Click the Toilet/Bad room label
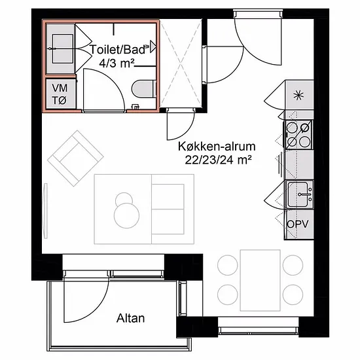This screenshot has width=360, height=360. click(x=118, y=49)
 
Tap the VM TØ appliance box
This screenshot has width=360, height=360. click(x=60, y=94)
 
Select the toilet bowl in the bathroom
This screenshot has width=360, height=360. click(x=145, y=89)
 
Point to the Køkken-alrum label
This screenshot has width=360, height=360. click(x=217, y=146)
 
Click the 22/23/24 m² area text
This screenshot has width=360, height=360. click(x=218, y=160)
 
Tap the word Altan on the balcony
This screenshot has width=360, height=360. click(x=130, y=318)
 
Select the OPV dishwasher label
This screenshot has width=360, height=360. click(x=298, y=224)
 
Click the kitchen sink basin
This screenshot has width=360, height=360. click(x=298, y=194)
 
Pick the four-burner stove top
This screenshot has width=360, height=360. click(x=298, y=135)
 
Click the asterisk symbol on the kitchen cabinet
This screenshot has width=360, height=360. click(x=298, y=96)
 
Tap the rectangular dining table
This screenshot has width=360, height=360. click(x=260, y=280)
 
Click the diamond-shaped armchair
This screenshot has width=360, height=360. click(x=75, y=158)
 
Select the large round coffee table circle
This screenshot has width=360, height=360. click(x=126, y=215)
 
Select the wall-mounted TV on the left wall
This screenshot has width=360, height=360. click(x=46, y=211)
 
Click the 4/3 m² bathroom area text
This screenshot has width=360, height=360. click(x=117, y=63)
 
